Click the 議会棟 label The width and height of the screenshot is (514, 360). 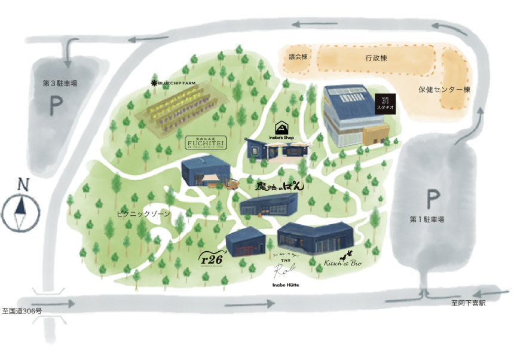(x=297, y=57)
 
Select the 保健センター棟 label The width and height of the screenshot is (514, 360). (x=445, y=90)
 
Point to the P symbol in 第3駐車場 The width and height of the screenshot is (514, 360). (x=56, y=107)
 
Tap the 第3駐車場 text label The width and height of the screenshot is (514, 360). (x=60, y=84)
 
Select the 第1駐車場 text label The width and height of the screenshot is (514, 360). (x=427, y=219)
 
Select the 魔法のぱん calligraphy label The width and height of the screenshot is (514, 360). (x=280, y=187)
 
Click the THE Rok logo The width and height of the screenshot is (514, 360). (x=286, y=271)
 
